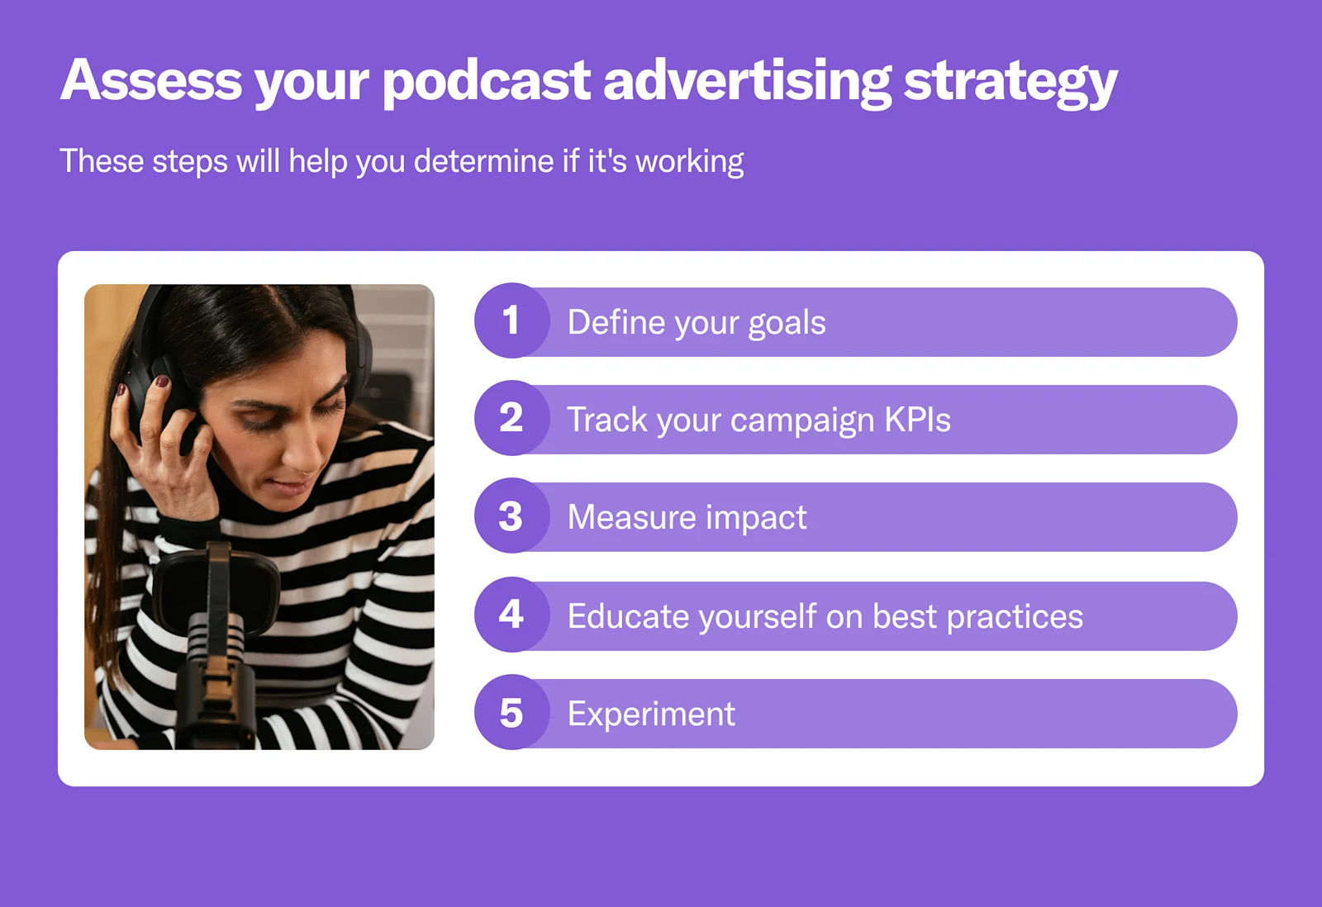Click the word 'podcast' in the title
coord(486,82)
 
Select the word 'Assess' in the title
coord(151,80)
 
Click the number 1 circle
coord(511,321)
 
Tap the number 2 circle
coord(511,419)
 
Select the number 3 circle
coord(511,516)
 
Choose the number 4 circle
coord(511,615)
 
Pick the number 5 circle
coord(511,713)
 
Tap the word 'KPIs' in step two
coord(917,420)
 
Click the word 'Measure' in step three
coord(632,518)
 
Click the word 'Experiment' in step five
coord(651,715)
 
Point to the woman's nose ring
coord(307,472)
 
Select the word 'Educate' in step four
coord(628,617)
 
